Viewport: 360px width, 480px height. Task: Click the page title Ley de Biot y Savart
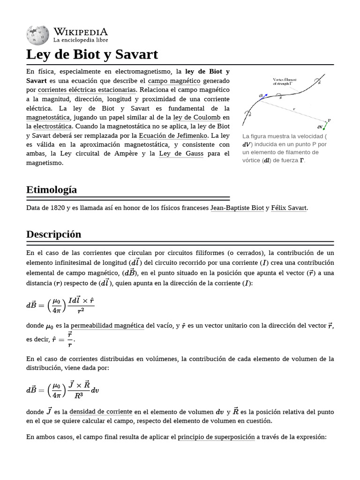point(92,54)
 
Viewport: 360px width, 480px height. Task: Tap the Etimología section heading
point(52,190)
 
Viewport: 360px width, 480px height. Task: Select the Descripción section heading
point(54,234)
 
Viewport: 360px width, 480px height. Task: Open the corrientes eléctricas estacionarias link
point(87,90)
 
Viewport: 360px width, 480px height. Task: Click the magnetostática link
point(48,117)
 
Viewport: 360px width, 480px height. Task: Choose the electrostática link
point(52,127)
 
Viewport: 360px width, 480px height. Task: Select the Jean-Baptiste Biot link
point(237,208)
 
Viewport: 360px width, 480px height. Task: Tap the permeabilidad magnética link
point(107,325)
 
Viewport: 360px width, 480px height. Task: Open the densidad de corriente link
point(101,412)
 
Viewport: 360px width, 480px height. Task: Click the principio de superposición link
point(216,437)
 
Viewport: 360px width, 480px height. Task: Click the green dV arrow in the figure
point(324,125)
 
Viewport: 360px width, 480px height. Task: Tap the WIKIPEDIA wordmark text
point(81,32)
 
